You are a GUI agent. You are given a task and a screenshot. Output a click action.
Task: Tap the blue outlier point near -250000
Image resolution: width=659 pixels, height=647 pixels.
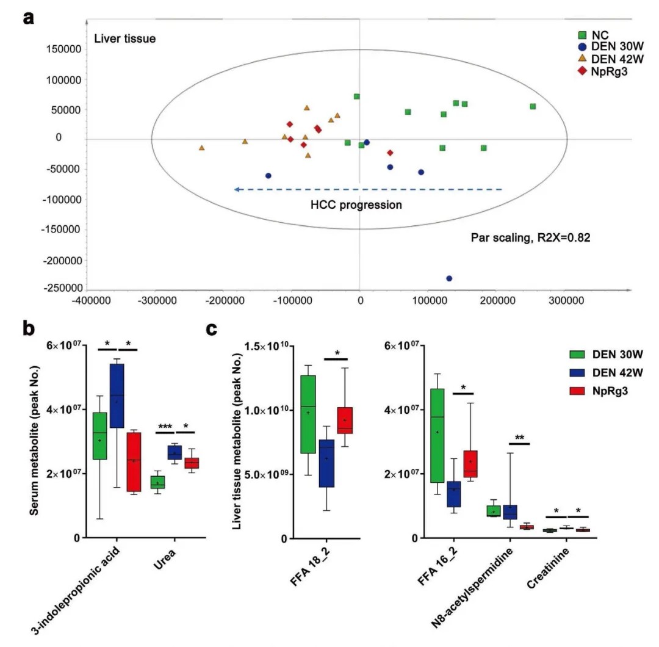449,278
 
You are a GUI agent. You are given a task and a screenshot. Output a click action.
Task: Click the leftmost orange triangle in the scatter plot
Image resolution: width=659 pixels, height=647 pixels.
201,148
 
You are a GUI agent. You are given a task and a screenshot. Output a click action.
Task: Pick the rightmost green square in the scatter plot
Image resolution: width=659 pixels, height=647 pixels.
533,106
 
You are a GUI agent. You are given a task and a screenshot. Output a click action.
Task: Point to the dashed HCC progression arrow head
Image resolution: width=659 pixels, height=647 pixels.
237,190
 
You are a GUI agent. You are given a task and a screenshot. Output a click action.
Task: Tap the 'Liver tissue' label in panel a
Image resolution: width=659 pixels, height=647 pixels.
125,39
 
